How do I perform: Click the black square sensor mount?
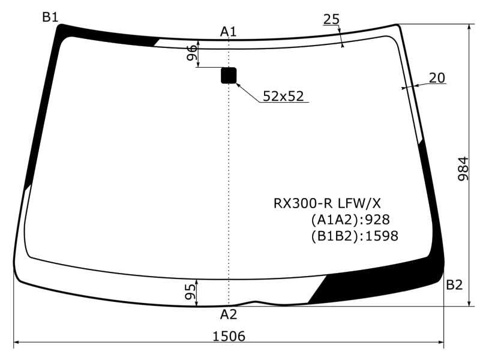[x=229, y=75]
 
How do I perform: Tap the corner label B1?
[x=50, y=17]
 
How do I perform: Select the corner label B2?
[x=454, y=285]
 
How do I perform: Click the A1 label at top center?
[x=229, y=31]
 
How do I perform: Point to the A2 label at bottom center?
[x=229, y=314]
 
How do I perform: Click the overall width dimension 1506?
[x=229, y=336]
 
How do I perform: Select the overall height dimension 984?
[x=463, y=171]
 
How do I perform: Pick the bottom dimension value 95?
[x=191, y=292]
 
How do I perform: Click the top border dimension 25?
[x=331, y=19]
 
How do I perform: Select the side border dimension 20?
[x=437, y=77]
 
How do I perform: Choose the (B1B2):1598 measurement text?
[x=354, y=236]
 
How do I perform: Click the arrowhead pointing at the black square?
[x=239, y=85]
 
